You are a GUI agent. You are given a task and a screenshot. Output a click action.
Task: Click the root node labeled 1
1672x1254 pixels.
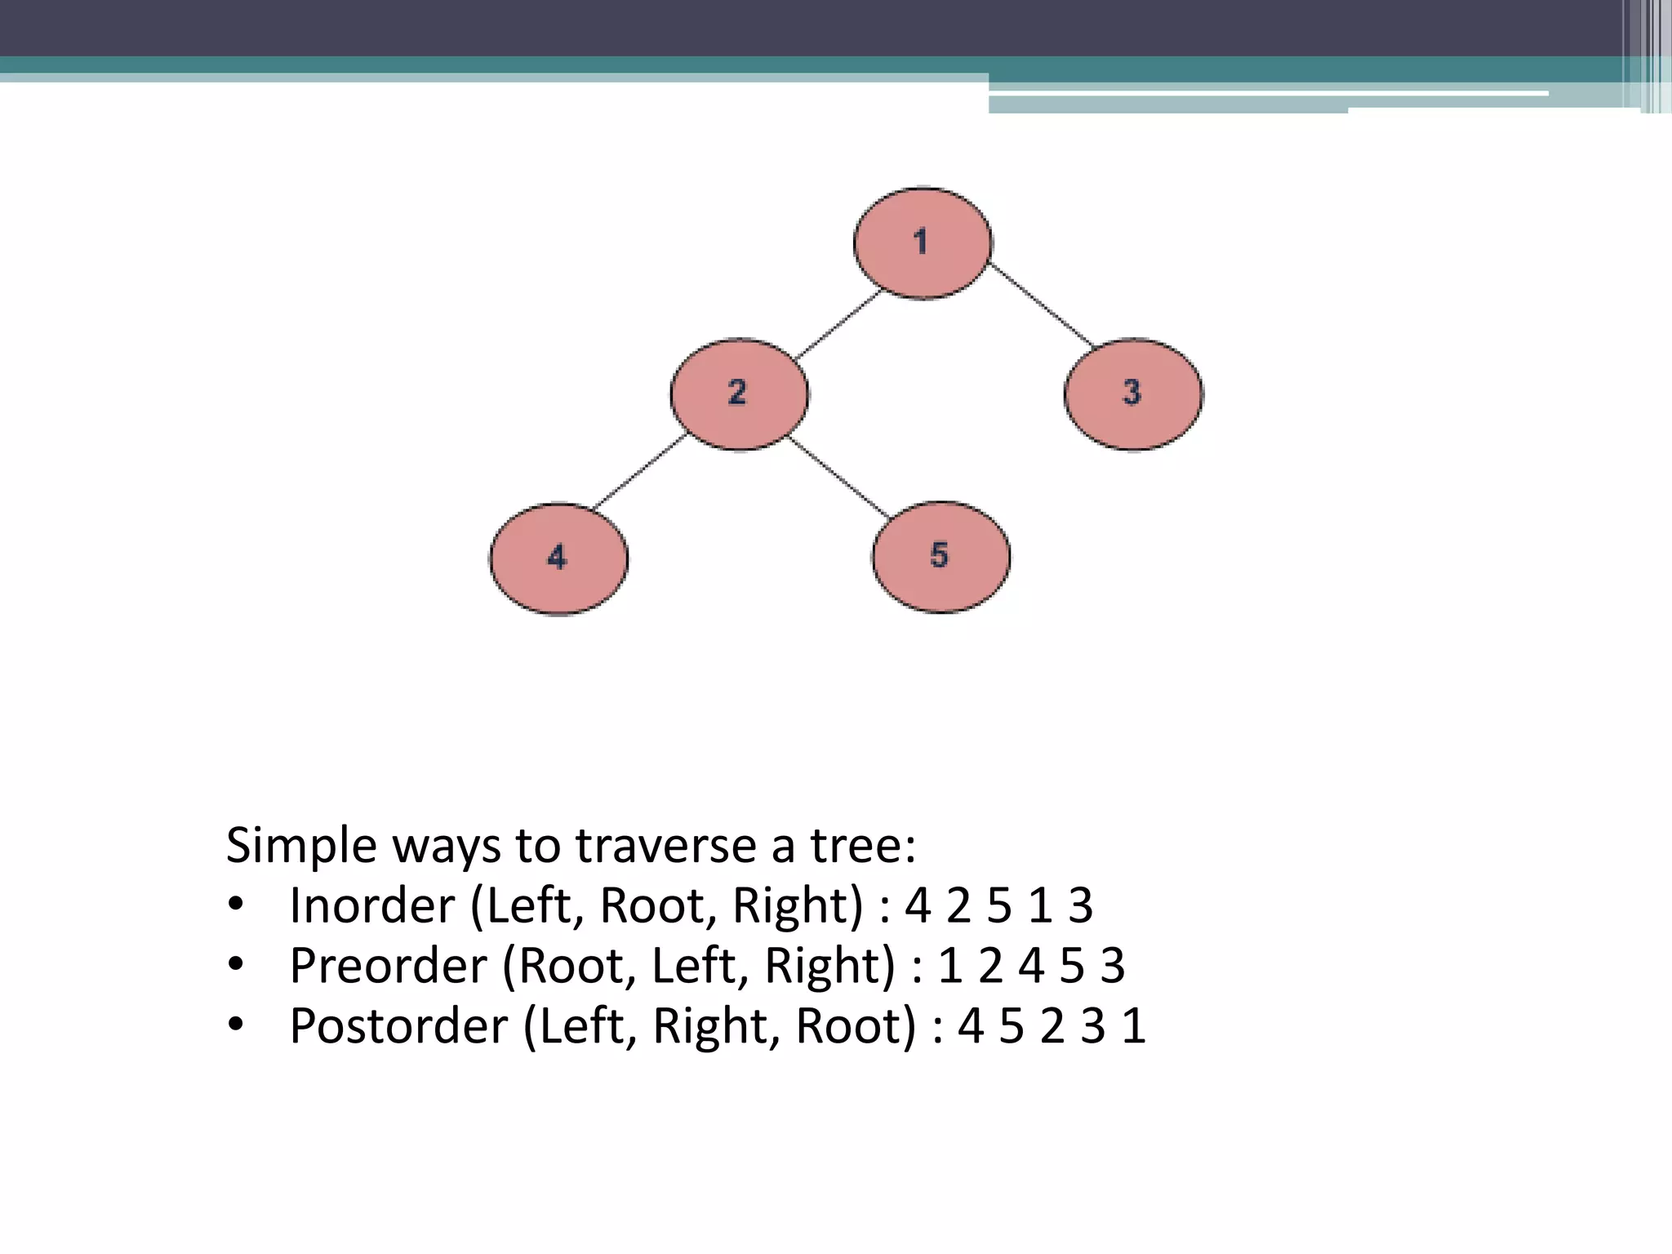click(x=923, y=242)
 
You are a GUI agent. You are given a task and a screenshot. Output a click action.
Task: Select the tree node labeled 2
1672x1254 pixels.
click(x=739, y=394)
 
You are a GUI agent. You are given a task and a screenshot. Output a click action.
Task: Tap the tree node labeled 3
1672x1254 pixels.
click(x=1132, y=394)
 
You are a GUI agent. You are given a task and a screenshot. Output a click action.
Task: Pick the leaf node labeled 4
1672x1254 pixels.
click(x=558, y=558)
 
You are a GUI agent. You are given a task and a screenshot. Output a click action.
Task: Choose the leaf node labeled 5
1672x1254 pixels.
click(x=940, y=557)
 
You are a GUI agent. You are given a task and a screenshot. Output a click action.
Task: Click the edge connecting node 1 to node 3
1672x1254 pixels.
click(x=1041, y=305)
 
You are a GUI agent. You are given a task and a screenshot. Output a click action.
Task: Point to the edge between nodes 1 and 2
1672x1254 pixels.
click(x=838, y=324)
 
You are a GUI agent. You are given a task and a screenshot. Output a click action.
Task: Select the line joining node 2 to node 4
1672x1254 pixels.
click(x=639, y=473)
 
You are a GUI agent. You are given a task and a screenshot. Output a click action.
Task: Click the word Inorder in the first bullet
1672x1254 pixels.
click(x=371, y=905)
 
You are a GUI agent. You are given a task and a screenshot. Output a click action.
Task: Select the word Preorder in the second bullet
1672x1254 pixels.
click(x=388, y=966)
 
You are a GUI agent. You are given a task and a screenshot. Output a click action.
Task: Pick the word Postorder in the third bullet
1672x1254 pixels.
click(x=398, y=1026)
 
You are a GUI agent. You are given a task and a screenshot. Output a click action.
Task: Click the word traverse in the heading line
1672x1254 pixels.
click(x=665, y=845)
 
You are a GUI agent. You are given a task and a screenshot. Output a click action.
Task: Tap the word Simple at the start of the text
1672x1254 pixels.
click(x=301, y=845)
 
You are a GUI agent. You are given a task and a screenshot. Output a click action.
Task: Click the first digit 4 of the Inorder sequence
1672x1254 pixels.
click(x=918, y=905)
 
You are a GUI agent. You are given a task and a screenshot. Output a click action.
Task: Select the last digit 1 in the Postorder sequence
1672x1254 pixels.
click(x=1134, y=1026)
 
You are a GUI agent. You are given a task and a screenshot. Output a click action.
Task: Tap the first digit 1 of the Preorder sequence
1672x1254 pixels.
click(x=949, y=966)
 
